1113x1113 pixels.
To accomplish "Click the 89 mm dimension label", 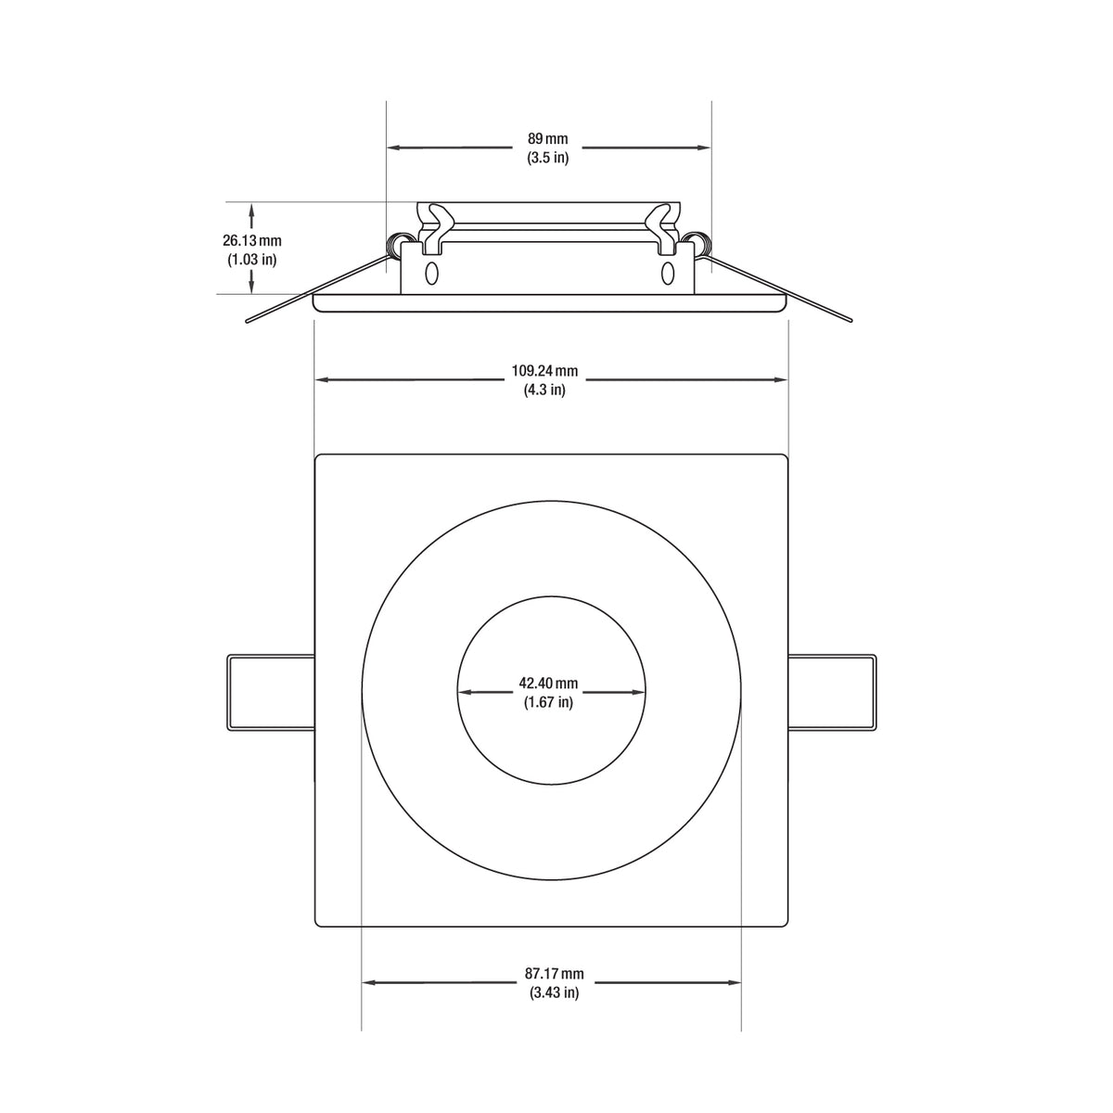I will click(x=547, y=139).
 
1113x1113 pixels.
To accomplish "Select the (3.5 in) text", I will click(x=547, y=158).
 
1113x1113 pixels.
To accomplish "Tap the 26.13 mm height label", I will click(x=251, y=240).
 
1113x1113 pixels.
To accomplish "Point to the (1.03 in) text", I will click(x=251, y=260).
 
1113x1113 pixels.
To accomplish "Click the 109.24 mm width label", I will click(x=544, y=371).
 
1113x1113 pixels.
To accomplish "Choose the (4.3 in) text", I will click(x=544, y=390).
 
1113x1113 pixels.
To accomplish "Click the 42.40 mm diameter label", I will click(x=548, y=684).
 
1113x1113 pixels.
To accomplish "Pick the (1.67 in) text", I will click(x=548, y=702).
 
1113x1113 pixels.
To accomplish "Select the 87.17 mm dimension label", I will click(x=554, y=974).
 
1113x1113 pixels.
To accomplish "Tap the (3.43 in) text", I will click(x=554, y=992).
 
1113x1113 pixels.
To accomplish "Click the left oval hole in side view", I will click(x=430, y=274).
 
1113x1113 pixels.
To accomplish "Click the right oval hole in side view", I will click(x=668, y=274).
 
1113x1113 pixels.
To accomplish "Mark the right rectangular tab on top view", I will click(x=831, y=693).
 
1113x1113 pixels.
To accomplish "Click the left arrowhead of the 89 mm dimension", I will click(x=393, y=147).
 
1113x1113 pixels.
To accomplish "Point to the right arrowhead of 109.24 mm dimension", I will click(x=781, y=379).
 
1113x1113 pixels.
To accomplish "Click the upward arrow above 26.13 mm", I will click(x=251, y=211).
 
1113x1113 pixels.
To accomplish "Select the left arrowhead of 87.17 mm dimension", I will click(x=368, y=982).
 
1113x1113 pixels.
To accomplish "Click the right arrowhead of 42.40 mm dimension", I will click(x=638, y=692).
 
